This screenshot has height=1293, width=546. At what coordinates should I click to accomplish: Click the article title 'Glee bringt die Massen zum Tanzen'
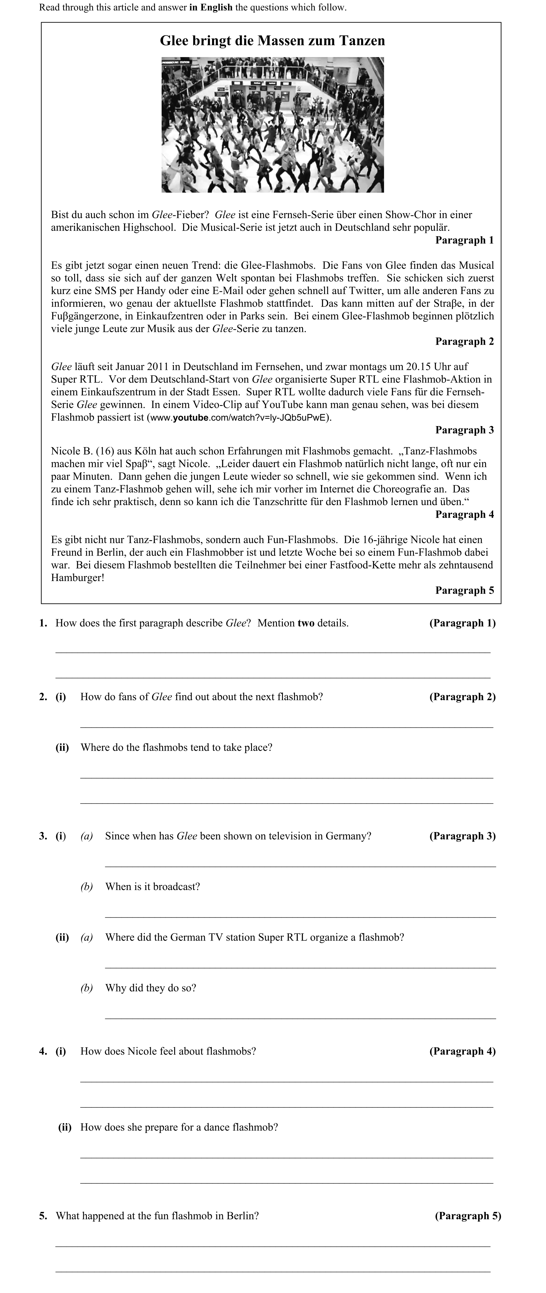272,41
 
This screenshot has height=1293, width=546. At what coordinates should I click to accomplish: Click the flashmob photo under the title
272,125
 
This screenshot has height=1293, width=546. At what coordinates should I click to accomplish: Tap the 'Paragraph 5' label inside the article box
464,590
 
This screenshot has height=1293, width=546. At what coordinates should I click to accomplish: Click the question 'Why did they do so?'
150,988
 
